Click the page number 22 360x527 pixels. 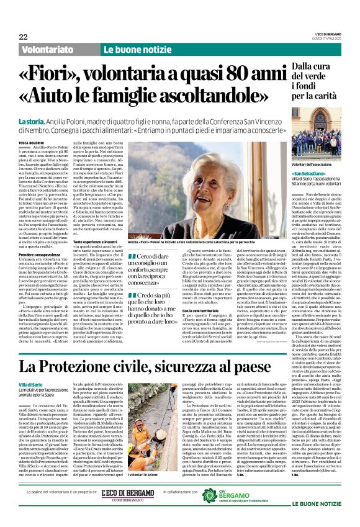point(23,37)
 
